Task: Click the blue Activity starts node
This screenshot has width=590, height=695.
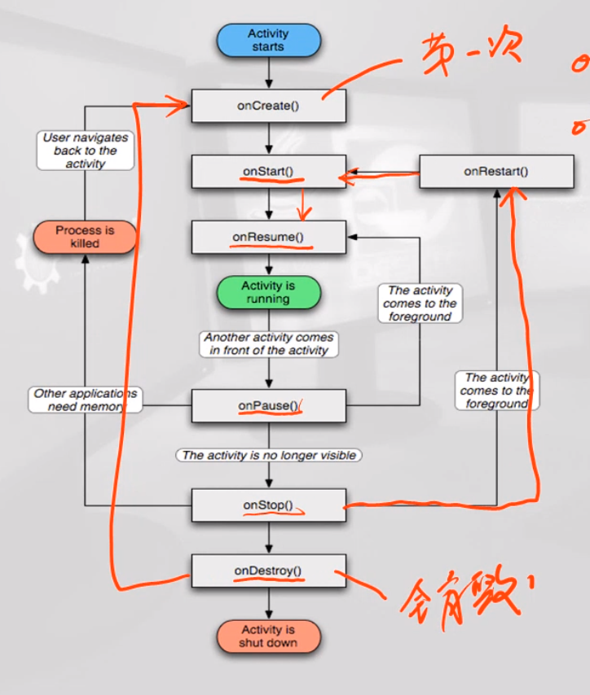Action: pos(268,41)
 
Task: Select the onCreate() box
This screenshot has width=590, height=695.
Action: pos(268,106)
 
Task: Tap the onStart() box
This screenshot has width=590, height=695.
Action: pos(268,172)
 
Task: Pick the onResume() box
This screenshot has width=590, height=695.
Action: pos(268,237)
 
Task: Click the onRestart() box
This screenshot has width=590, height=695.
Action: pos(495,172)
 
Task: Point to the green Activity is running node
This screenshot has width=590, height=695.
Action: pos(268,292)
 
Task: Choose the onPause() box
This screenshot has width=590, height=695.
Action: pos(268,405)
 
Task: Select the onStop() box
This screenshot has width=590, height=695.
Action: pos(268,505)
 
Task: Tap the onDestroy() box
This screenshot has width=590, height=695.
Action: pos(268,570)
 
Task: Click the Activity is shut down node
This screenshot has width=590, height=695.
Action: pos(268,636)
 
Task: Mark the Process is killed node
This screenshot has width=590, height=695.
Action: pos(85,237)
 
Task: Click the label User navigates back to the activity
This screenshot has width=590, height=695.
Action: pos(86,151)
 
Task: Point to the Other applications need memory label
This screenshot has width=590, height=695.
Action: pos(86,400)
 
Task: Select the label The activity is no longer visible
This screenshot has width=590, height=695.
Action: pos(269,455)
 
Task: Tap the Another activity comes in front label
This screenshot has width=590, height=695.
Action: pos(269,343)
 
